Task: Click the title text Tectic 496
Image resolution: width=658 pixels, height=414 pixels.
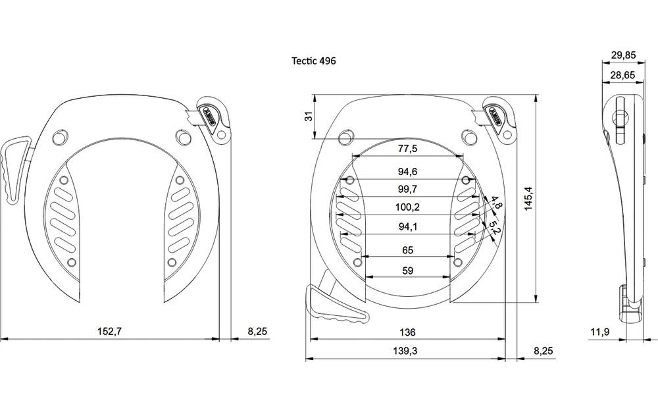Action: [314, 61]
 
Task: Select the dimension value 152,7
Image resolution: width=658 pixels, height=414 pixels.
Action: [109, 332]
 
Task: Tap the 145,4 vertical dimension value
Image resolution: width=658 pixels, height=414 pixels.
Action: [528, 199]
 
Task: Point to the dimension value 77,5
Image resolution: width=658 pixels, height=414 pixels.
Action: [408, 149]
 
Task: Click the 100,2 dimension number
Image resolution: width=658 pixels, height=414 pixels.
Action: [408, 207]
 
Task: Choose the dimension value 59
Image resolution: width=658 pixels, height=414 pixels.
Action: [408, 271]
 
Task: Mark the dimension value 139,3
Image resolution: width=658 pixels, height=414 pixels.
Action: [405, 351]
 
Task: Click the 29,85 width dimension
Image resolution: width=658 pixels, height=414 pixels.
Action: [623, 55]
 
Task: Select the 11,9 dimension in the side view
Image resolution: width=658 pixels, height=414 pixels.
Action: [600, 332]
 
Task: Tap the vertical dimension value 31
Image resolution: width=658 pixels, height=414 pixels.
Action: [309, 116]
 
